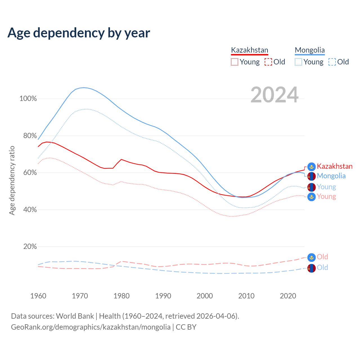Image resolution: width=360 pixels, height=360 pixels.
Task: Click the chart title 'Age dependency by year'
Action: pos(79,33)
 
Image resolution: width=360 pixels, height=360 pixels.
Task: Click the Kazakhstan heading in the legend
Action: pos(249,50)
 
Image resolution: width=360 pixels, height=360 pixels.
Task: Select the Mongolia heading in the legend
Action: pos(310,50)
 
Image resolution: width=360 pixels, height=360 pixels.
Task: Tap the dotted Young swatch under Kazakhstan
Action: pos(234,62)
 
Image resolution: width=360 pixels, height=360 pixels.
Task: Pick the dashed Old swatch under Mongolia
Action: pos(332,62)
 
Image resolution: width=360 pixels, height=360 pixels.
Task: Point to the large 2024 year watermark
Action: pos(274,95)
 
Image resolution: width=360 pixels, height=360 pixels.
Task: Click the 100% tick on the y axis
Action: pos(28,99)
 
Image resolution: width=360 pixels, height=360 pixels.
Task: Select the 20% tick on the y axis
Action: pos(30,247)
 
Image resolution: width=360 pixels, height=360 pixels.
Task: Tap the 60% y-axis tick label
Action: pos(30,173)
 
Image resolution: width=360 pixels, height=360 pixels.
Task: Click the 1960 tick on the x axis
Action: pos(38,296)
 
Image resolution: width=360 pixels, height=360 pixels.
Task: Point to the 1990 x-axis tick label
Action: pos(163,296)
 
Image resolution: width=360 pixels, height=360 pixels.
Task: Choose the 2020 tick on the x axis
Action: pos(288,296)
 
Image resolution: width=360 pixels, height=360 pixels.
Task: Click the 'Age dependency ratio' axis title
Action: pos(12,180)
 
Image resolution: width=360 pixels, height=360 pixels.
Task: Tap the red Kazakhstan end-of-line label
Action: pos(335,166)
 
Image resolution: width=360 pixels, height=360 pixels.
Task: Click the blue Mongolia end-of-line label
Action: pos(331,176)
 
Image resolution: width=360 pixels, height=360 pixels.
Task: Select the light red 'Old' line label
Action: pos(322,257)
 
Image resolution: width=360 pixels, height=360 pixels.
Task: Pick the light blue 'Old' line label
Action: pos(322,267)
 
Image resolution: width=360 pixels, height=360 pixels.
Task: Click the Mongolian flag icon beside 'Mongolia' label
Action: pos(311,176)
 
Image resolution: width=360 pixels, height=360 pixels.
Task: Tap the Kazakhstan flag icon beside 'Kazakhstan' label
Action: pos(311,167)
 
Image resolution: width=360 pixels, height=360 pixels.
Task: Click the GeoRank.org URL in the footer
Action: pos(91,327)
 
